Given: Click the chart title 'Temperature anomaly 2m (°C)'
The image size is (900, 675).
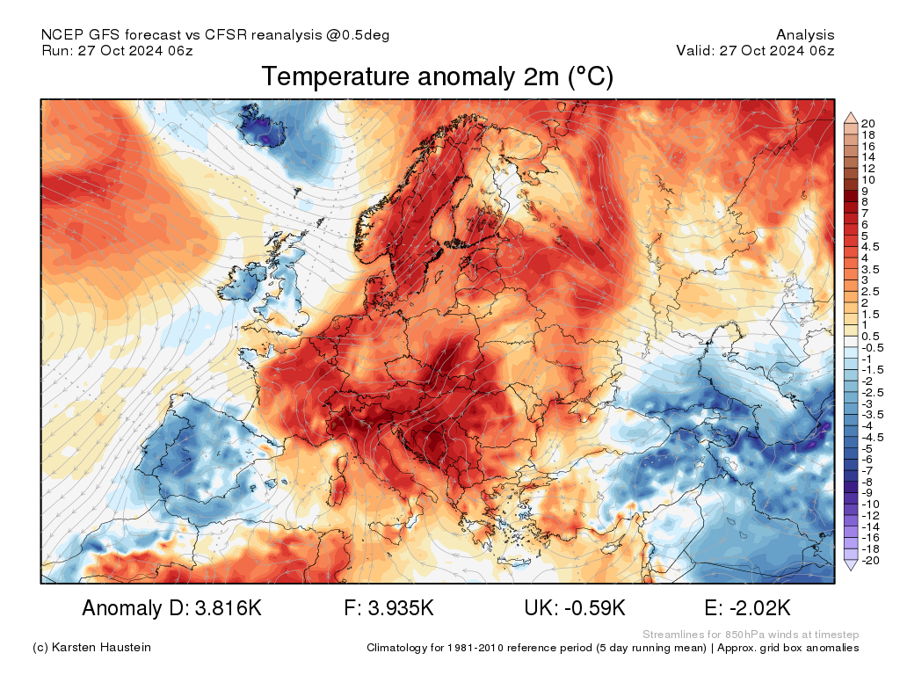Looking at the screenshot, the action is tap(438, 77).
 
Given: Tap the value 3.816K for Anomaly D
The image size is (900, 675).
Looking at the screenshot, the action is tap(229, 608).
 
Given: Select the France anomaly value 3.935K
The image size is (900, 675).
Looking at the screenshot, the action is tap(401, 608).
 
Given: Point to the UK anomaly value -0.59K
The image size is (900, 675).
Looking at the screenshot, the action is tap(595, 608).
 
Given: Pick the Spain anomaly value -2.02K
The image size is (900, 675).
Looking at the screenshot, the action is tap(760, 608).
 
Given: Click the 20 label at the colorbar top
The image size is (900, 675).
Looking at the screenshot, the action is tap(867, 123).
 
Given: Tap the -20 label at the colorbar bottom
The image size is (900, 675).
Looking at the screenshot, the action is tap(870, 560).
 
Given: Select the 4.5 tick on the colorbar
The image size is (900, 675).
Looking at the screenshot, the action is tap(870, 247).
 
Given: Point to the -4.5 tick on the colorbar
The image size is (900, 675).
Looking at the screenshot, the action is tap(873, 438).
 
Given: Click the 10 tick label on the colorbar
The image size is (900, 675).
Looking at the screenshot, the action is tap(867, 179).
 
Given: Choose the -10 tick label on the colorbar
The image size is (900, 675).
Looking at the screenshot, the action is tap(870, 504).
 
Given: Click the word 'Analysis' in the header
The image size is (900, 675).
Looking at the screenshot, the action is tap(805, 35).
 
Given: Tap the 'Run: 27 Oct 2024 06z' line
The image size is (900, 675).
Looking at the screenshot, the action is tap(117, 50).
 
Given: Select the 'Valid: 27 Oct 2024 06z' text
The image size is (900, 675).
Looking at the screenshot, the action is tap(755, 50).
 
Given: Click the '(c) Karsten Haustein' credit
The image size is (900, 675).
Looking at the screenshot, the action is tap(91, 648).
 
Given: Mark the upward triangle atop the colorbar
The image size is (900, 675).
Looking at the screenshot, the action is tap(851, 119).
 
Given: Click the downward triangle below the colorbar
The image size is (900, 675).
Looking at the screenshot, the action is tap(851, 565).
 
